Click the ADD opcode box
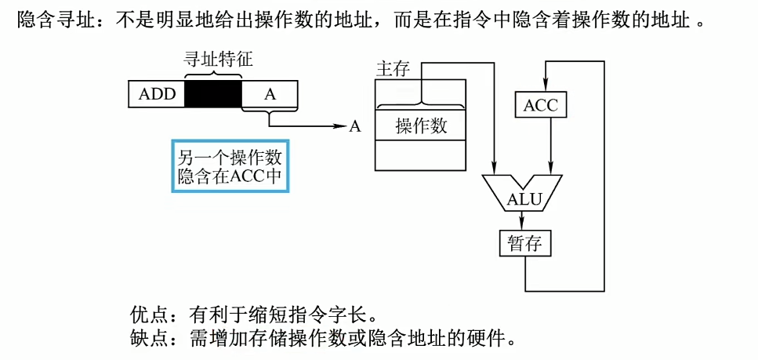(x=157, y=94)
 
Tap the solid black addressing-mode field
(x=213, y=94)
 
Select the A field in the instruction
(x=270, y=94)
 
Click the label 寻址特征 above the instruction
(x=214, y=58)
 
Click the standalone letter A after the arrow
(x=355, y=126)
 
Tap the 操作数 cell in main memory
(x=421, y=125)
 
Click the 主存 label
(x=393, y=69)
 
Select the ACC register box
(x=541, y=104)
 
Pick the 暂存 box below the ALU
(x=525, y=243)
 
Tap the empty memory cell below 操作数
(x=421, y=155)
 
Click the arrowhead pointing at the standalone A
(x=341, y=126)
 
